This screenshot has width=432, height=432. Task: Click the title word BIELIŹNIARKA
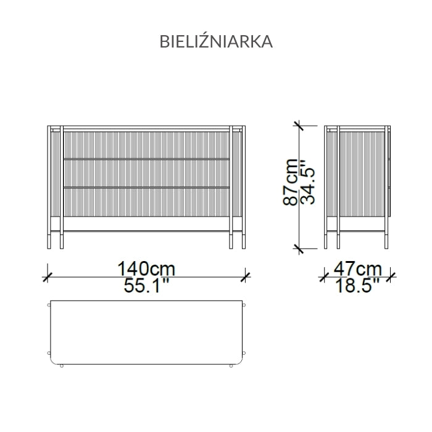pyautogui.click(x=216, y=41)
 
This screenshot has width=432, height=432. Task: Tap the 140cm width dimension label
pyautogui.click(x=146, y=268)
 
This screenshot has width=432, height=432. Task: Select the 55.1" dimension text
pyautogui.click(x=146, y=285)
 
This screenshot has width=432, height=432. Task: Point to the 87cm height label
pyautogui.click(x=291, y=182)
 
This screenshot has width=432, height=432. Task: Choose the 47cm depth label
pyautogui.click(x=358, y=268)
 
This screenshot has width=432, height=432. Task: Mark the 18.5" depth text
pyautogui.click(x=357, y=285)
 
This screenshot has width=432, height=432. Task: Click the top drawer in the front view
pyautogui.click(x=146, y=145)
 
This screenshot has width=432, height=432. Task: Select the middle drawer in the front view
pyautogui.click(x=146, y=173)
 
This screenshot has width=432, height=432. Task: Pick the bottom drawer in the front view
pyautogui.click(x=146, y=202)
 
